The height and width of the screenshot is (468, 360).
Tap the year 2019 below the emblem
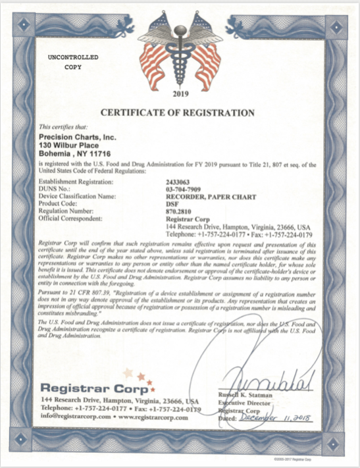(180, 93)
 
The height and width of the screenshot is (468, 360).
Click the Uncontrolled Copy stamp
(73, 63)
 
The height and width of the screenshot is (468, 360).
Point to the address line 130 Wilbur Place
(70, 144)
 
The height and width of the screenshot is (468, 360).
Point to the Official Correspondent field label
(71, 217)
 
